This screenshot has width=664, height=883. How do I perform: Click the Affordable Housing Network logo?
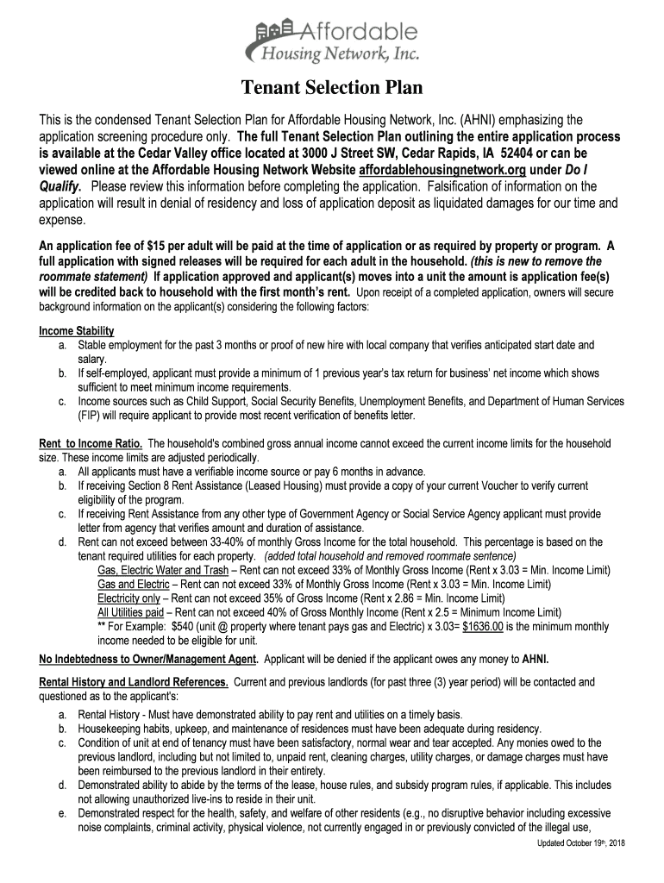(332, 43)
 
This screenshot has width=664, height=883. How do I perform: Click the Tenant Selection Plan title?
(332, 88)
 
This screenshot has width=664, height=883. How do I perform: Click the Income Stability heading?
(77, 331)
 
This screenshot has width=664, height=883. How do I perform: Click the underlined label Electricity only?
(128, 598)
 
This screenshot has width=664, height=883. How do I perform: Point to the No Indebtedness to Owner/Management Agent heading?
(147, 660)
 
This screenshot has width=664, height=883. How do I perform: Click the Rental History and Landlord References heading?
(134, 682)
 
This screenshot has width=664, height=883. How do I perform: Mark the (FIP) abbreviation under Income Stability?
(89, 415)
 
